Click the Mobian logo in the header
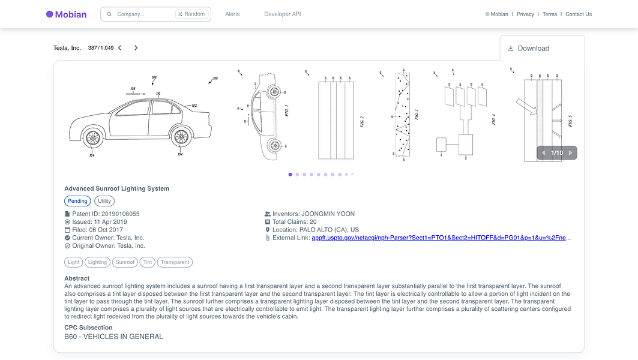click(x=66, y=14)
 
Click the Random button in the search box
click(x=191, y=14)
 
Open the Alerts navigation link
click(x=232, y=14)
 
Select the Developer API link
click(x=282, y=14)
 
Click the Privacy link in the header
click(x=525, y=14)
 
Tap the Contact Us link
click(x=578, y=14)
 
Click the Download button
click(x=528, y=49)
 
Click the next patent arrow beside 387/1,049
click(x=136, y=48)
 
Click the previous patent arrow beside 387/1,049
click(x=120, y=48)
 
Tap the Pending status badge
click(x=77, y=202)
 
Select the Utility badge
click(x=104, y=202)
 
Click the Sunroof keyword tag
click(x=125, y=262)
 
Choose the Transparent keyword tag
click(x=175, y=262)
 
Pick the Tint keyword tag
click(x=147, y=262)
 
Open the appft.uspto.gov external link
click(x=441, y=238)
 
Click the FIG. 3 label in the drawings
click(x=416, y=114)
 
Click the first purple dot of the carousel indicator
click(x=290, y=175)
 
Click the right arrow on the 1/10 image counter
click(x=570, y=153)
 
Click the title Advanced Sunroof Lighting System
click(x=116, y=188)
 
